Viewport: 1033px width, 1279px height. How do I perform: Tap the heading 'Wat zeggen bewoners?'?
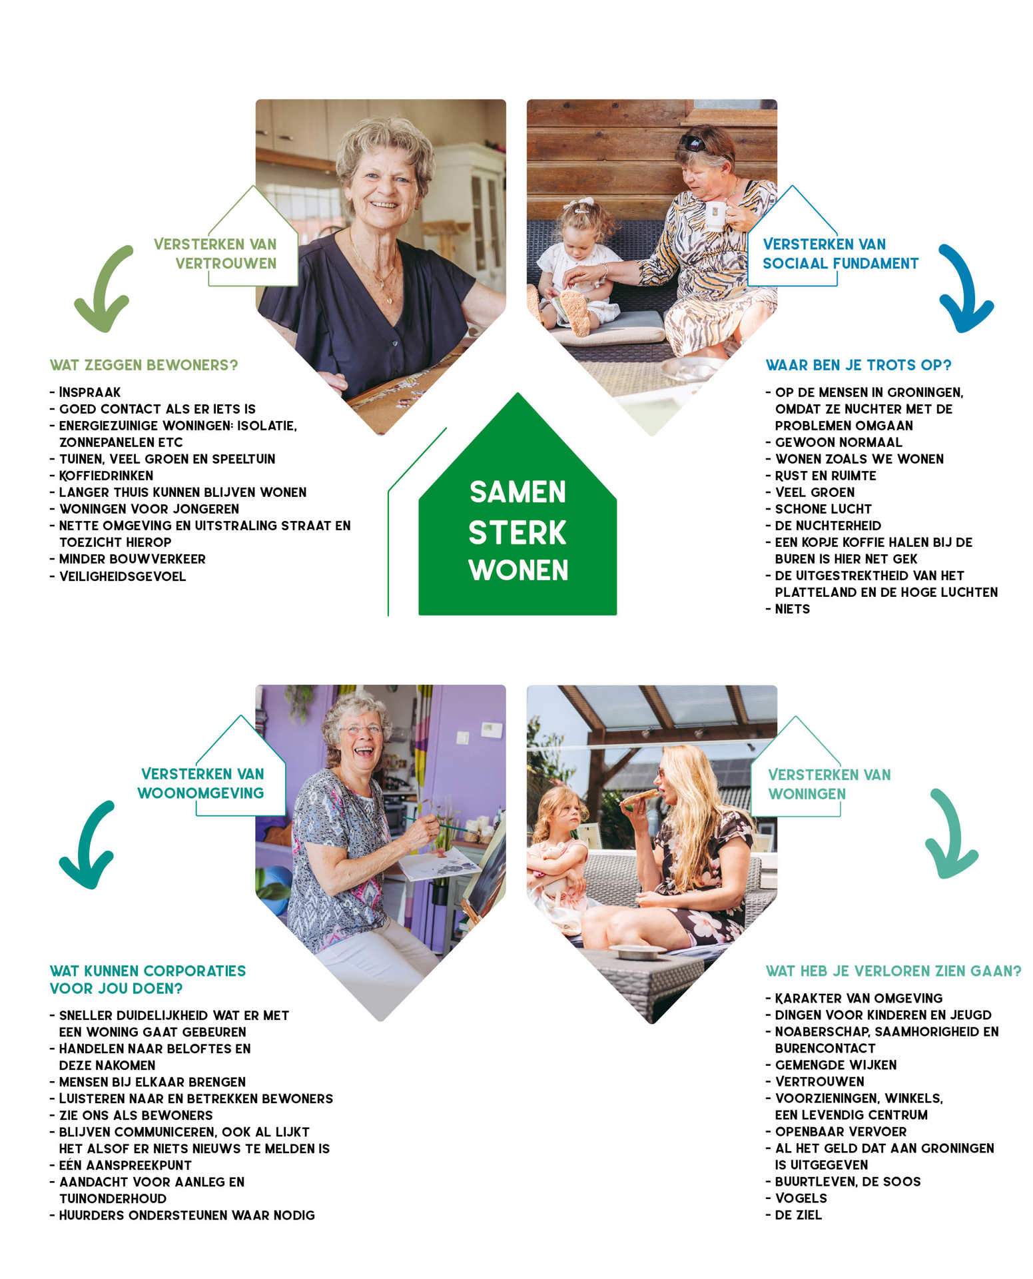pos(144,365)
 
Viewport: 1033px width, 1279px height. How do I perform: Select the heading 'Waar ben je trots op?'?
pos(858,365)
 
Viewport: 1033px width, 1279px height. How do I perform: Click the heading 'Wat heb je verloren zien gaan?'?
pos(892,971)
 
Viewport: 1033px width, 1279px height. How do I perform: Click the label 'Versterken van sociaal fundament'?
pos(840,254)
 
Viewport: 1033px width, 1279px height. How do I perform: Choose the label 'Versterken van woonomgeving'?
pos(202,783)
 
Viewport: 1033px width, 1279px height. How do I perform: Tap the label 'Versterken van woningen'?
pos(829,784)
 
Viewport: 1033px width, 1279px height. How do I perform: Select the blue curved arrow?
pos(964,289)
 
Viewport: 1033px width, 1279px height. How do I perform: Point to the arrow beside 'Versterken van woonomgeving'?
pos(87,845)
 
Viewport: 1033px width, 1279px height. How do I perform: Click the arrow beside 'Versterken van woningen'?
pos(950,834)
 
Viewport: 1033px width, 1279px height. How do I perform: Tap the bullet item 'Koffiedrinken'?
pos(106,476)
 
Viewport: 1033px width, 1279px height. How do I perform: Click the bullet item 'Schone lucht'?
pos(823,509)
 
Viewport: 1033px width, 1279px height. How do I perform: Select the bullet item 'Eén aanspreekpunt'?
pos(125,1165)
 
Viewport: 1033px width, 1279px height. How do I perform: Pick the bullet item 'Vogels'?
pos(801,1198)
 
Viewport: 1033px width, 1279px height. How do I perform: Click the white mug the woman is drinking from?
pos(715,214)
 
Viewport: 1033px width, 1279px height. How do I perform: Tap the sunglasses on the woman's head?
pos(693,143)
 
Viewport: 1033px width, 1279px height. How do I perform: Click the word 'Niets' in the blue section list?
pos(793,609)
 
